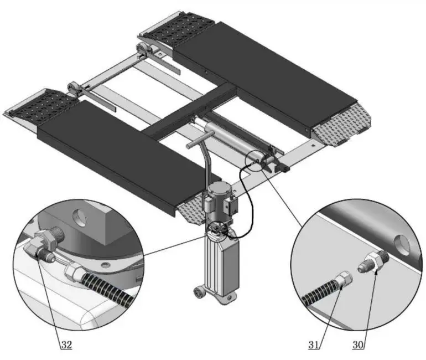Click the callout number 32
66,345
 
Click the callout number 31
314,345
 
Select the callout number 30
359,345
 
